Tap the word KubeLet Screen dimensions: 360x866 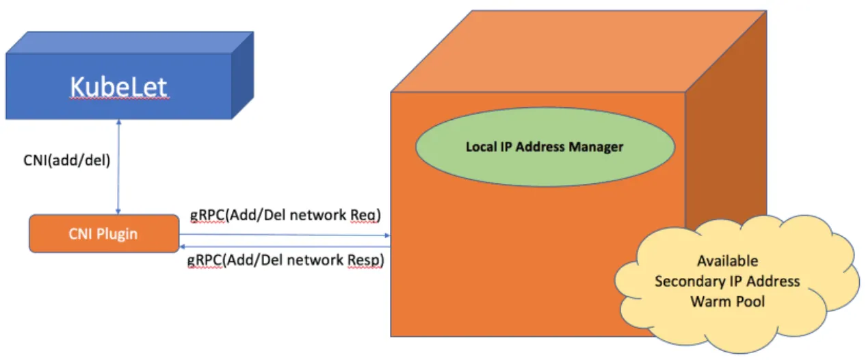pos(119,88)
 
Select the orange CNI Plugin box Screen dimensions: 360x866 pos(103,233)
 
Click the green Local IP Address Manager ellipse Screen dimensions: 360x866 pos(544,147)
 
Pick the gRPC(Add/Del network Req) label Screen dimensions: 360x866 pos(285,215)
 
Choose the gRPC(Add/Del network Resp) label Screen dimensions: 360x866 pos(286,260)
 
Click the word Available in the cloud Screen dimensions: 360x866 pos(727,261)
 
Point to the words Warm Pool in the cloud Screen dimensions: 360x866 pos(727,301)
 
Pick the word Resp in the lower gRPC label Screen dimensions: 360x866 pos(367,260)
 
